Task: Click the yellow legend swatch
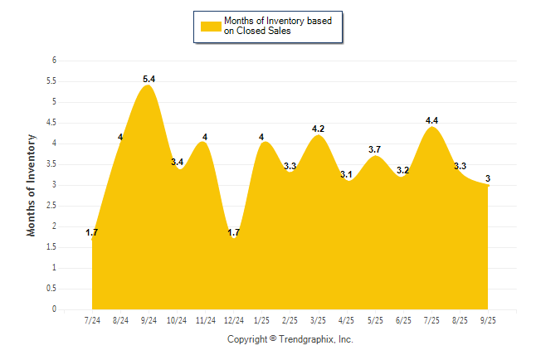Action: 210,25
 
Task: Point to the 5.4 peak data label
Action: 149,79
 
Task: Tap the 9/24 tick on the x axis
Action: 149,320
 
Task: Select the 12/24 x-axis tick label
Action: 234,320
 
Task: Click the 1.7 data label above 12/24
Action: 234,233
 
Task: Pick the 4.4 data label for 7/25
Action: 432,120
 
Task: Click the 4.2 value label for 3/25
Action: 319,129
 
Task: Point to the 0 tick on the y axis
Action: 54,309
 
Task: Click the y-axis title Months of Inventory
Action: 32,185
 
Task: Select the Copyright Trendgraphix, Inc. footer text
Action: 290,339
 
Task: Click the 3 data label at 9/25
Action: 489,178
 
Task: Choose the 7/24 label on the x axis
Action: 92,320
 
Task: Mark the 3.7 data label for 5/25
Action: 375,149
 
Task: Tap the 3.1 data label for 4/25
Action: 347,174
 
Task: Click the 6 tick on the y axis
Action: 54,61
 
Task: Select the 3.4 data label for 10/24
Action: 177,162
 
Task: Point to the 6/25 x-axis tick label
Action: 404,320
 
